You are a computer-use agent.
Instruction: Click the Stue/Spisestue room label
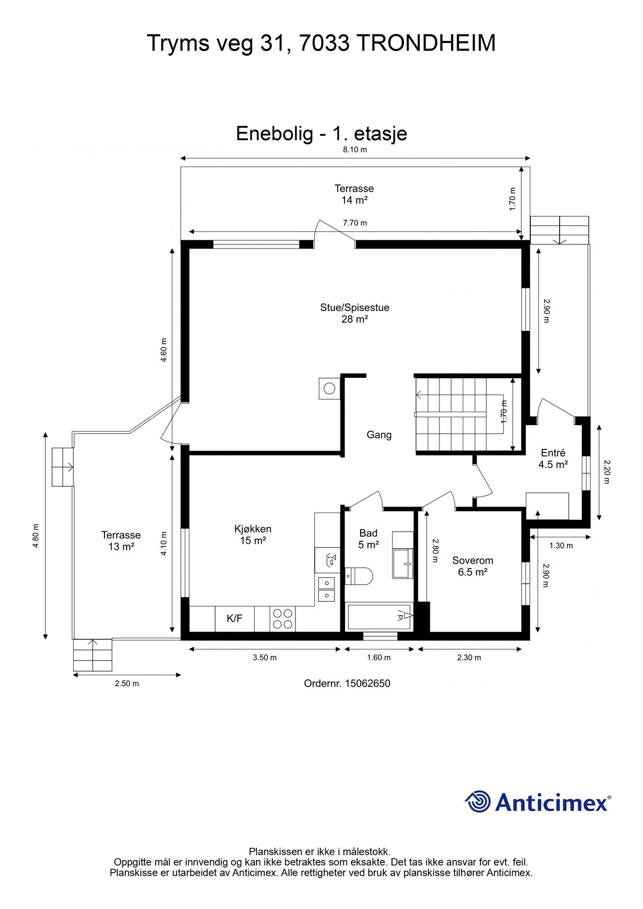354,313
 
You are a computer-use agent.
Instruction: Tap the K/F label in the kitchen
234,618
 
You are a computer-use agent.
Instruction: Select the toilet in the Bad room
359,575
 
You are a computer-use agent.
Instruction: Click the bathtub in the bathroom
379,616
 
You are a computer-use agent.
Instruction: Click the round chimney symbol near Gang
329,389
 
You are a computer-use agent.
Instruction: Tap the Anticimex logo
537,802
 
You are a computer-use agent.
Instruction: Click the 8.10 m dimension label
355,149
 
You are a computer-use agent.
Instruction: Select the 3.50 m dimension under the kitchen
265,658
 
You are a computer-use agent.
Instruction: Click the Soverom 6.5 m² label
472,566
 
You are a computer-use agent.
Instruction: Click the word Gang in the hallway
379,435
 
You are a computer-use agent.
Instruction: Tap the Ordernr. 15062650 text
347,683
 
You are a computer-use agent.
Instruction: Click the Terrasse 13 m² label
121,540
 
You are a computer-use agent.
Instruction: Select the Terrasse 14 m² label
354,194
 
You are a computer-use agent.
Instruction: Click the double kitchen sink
326,589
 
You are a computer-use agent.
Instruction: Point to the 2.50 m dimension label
127,684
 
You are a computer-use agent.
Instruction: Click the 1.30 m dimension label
561,545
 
